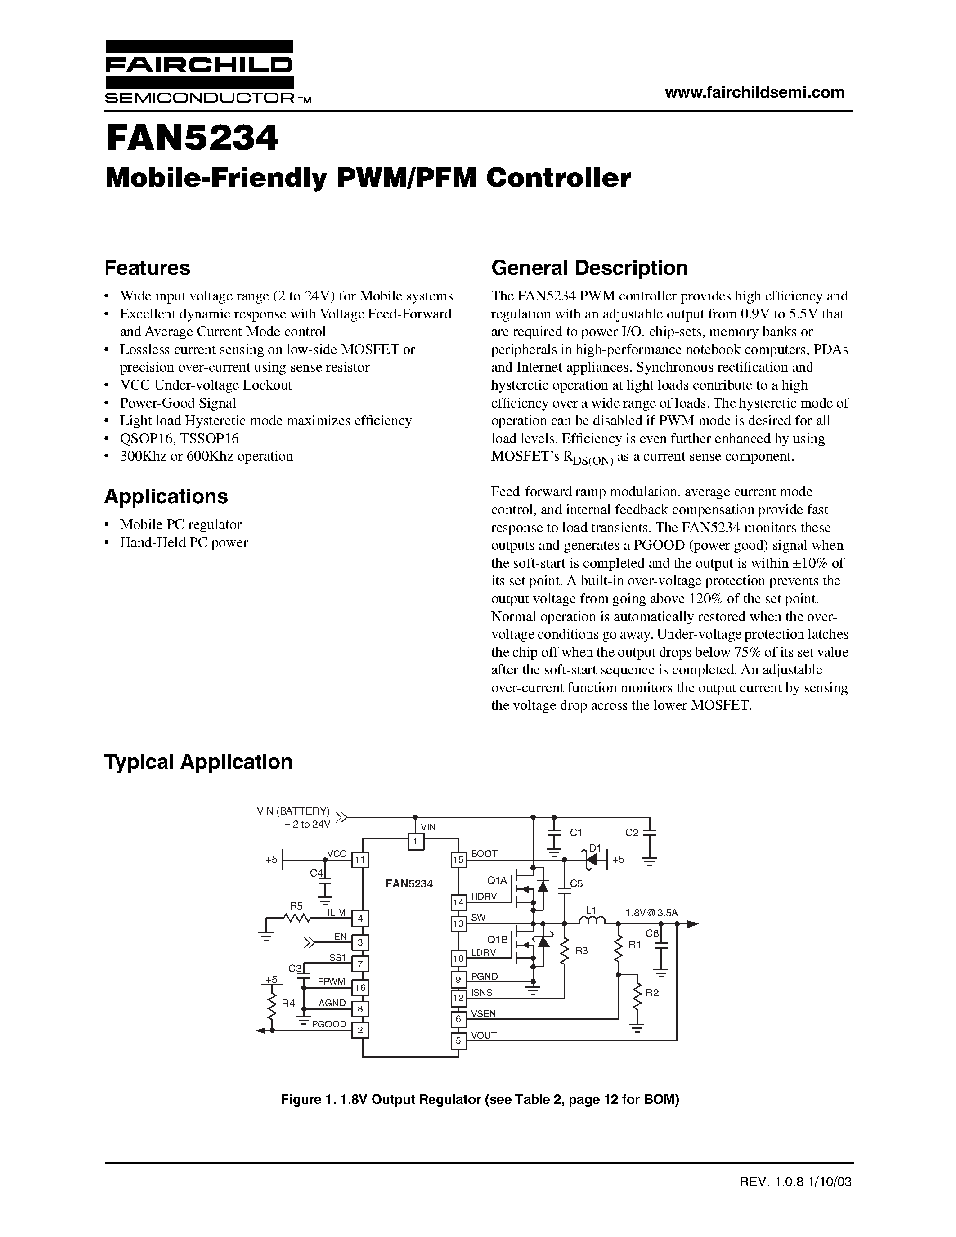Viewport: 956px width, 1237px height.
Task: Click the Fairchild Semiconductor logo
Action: point(199,72)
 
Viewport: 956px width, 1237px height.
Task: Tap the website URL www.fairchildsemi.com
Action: point(754,92)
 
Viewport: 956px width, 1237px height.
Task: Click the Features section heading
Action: point(147,268)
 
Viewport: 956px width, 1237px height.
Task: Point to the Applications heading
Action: point(166,497)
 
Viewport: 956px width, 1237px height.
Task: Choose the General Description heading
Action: point(589,268)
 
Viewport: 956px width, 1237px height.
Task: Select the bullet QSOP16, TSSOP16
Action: point(179,439)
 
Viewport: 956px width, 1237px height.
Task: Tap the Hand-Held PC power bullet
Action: point(184,542)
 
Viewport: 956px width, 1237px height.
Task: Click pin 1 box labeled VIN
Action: point(416,842)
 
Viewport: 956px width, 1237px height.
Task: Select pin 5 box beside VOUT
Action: point(458,1040)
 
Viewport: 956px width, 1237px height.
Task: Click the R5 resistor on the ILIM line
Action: point(296,918)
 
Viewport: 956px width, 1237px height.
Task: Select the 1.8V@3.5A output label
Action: point(651,913)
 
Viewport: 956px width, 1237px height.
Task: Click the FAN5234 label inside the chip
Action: point(409,883)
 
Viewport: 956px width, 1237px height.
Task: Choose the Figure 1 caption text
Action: point(480,1100)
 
